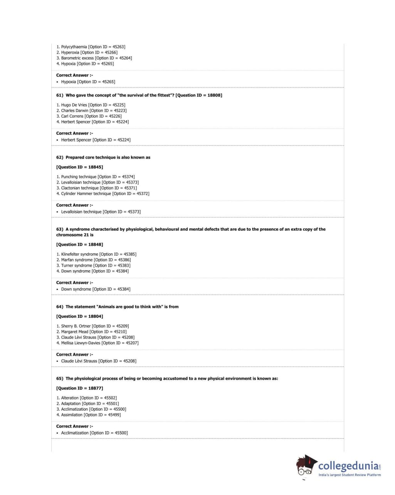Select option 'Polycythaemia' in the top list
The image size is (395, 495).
74,47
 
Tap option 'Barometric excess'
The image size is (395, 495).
77,58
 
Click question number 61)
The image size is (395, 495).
60,95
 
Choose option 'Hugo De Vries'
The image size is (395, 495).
74,105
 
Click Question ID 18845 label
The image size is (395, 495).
80,167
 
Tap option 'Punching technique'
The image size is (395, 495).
79,177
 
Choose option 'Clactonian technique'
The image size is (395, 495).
80,188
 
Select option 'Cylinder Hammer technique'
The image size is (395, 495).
86,194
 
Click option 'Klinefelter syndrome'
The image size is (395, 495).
79,254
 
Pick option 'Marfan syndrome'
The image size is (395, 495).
77,260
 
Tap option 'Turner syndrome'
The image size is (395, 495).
76,266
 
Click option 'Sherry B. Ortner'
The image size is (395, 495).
76,326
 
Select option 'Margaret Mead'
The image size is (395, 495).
74,332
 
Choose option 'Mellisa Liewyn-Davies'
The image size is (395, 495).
81,343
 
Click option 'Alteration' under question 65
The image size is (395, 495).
70,398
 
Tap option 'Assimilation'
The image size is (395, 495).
72,415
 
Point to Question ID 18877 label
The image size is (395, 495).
80,388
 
